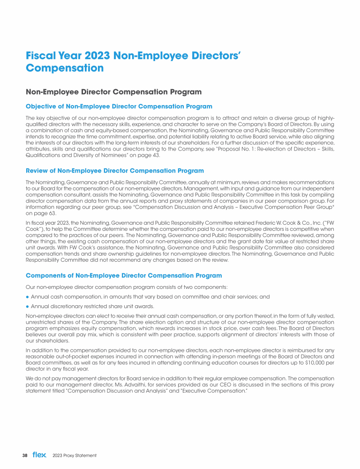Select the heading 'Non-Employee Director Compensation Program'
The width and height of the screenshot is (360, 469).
(113, 91)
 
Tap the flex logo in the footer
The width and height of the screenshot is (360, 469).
(39, 455)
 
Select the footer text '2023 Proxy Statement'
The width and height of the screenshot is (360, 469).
(75, 455)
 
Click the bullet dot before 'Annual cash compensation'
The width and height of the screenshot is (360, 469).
(28, 296)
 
